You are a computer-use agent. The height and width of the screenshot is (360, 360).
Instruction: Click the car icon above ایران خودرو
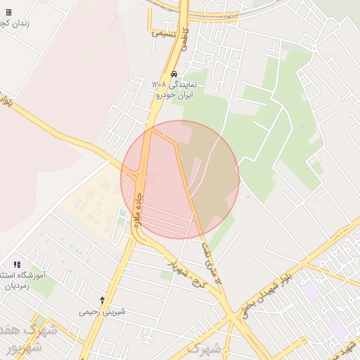pyautogui.click(x=174, y=74)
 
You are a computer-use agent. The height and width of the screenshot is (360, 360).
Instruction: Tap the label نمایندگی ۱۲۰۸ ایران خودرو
pyautogui.click(x=175, y=89)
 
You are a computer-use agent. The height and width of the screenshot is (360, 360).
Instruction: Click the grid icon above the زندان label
pyautogui.click(x=8, y=12)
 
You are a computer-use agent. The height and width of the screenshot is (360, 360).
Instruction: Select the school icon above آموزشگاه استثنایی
pyautogui.click(x=17, y=264)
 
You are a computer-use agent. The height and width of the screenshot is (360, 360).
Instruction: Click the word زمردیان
pyautogui.click(x=15, y=287)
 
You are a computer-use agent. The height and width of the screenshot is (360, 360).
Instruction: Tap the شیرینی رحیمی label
pyautogui.click(x=102, y=311)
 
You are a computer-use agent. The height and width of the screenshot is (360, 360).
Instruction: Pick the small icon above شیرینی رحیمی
pyautogui.click(x=103, y=300)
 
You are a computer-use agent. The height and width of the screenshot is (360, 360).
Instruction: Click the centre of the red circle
pyautogui.click(x=180, y=179)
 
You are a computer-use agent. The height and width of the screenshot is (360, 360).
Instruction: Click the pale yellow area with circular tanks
pyautogui.click(x=91, y=200)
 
